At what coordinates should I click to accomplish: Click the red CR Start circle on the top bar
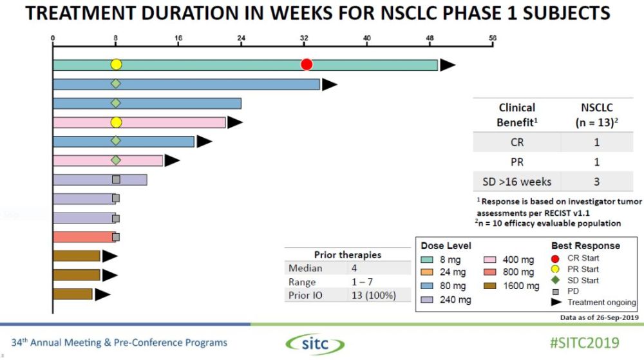coord(307,64)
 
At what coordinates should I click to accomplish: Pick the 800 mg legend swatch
coord(492,272)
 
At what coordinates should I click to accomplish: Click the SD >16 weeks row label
coord(516,181)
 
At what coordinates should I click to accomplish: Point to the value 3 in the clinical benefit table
coord(597,181)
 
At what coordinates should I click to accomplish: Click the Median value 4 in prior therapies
coord(354,268)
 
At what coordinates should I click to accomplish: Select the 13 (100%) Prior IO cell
coord(373,296)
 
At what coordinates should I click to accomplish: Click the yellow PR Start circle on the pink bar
coord(116,122)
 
